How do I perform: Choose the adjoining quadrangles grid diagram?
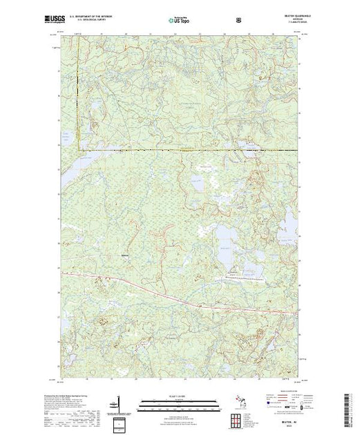[238, 420]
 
